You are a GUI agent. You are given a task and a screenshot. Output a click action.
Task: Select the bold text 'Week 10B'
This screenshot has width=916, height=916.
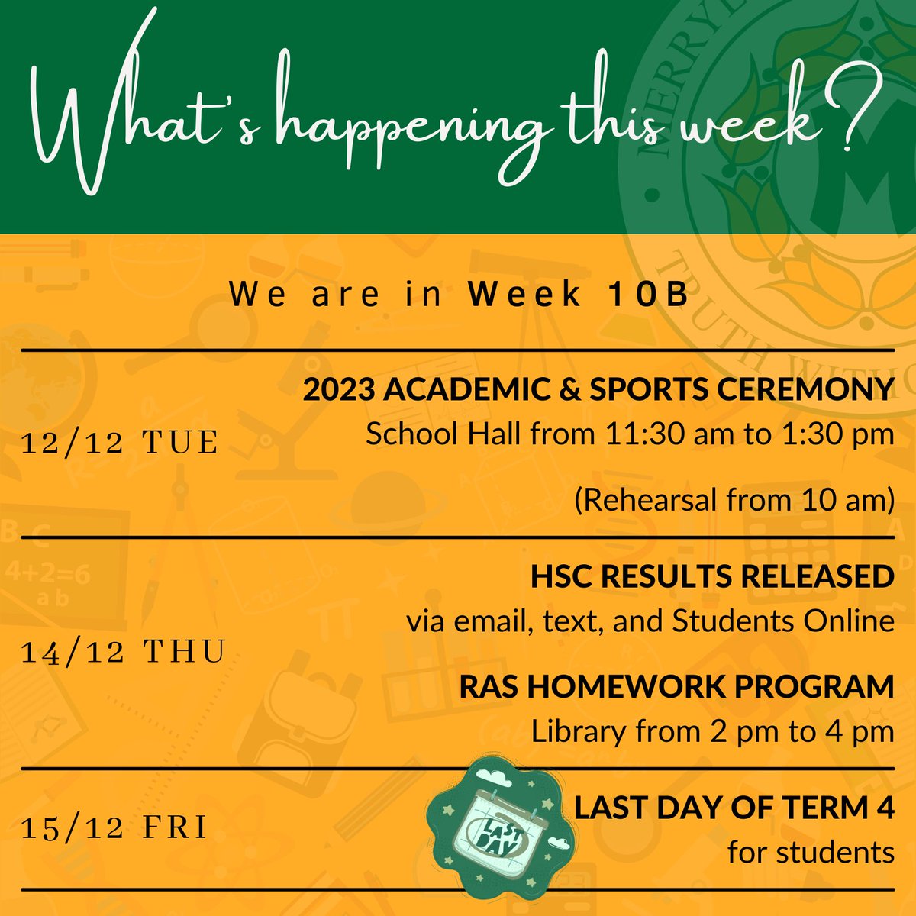579,295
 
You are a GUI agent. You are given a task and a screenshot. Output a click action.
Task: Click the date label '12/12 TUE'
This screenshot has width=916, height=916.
121,443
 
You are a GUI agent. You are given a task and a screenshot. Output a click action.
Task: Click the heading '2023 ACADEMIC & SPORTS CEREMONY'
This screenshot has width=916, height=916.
598,390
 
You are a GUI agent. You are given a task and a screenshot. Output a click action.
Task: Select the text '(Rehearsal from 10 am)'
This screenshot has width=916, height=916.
734,501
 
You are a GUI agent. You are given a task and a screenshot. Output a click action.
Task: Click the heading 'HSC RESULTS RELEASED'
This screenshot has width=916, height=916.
712,577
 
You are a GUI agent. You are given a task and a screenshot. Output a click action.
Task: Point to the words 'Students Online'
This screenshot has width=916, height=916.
782,621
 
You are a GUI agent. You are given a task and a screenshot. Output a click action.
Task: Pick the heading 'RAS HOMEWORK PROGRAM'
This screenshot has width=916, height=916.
676,686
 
